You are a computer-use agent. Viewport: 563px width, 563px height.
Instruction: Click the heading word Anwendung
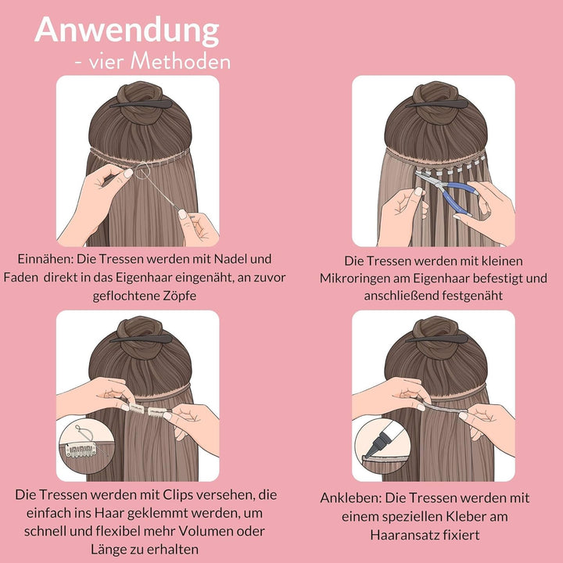(127, 30)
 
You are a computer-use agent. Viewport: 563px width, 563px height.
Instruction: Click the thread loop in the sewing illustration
(141, 171)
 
